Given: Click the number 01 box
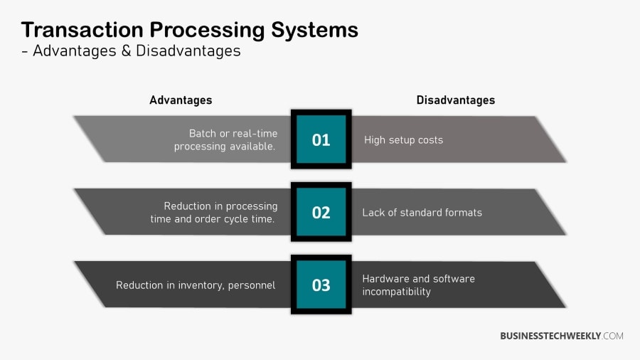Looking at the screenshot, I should (321, 139).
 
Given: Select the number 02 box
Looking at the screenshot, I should (321, 212).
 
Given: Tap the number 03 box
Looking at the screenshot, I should (321, 285).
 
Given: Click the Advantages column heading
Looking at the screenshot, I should (181, 100).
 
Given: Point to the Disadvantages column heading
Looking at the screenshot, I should (455, 100).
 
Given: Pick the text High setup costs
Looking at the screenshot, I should (403, 140).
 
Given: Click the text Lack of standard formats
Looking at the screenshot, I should (422, 213).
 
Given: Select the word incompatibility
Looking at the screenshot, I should (396, 292).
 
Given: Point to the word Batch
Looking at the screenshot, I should (203, 134).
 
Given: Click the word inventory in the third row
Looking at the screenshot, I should (197, 285).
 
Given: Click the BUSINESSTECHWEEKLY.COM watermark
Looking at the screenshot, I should (561, 336).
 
